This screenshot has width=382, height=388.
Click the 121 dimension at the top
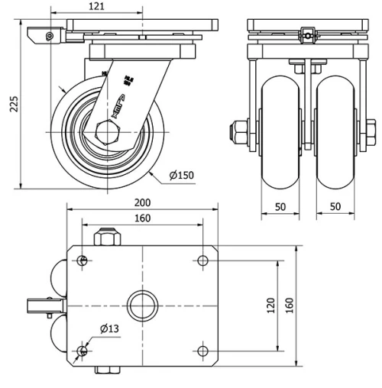pos(95,6)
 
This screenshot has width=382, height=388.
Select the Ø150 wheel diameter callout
pos(182,176)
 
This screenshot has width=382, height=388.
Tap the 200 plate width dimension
pos(143,202)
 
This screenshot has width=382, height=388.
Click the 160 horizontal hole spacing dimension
pos(143,218)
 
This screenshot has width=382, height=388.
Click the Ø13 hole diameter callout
pos(108,329)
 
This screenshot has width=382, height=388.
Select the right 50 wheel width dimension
pos(336,207)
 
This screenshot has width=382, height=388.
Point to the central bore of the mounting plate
pos(142,305)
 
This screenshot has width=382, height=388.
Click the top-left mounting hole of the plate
pos(81,261)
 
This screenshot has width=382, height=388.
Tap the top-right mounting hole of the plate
pos(202,261)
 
